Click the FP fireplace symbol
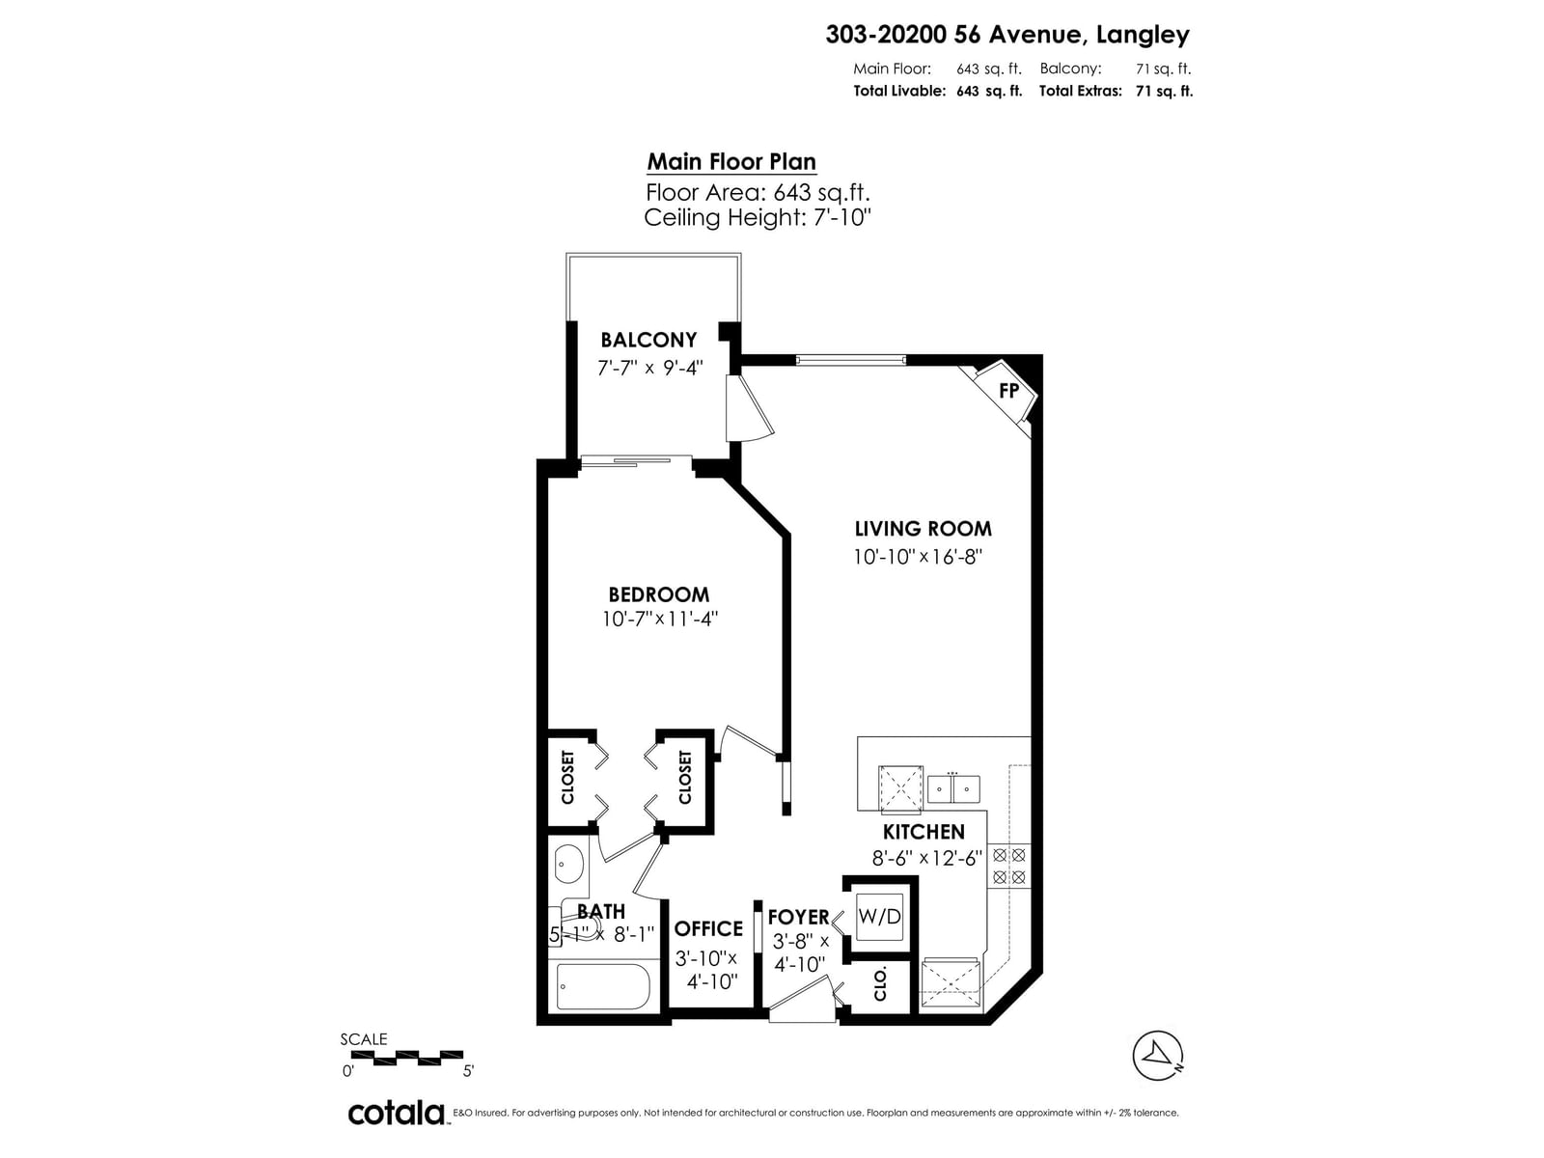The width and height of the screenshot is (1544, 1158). point(1008,391)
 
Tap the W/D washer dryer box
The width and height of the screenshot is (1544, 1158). point(879,916)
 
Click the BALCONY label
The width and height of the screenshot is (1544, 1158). point(648,340)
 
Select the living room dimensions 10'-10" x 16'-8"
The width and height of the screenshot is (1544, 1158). point(917,557)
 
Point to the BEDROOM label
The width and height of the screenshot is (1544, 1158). point(658,594)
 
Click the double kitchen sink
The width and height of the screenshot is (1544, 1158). point(953,788)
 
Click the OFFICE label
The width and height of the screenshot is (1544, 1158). point(708,928)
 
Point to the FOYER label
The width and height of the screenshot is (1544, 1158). point(798,917)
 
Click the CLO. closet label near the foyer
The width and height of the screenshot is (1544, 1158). point(880,985)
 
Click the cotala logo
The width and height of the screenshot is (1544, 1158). point(396,1113)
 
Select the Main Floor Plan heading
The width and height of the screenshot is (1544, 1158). point(731,162)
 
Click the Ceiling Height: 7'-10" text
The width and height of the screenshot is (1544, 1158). point(758,217)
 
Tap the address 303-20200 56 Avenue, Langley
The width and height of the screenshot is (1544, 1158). point(1007,35)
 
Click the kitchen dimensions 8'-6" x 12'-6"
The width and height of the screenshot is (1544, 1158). point(926,858)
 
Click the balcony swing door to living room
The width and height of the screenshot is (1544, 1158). point(749,408)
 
